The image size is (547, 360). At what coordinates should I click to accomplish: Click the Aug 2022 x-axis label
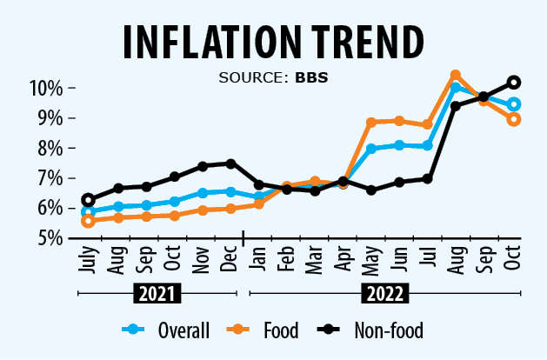coord(454,257)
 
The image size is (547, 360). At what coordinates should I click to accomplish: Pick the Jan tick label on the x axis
coord(257,257)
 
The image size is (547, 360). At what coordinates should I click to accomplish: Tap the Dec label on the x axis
coord(230,257)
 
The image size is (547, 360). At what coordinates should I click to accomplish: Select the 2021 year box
coord(158,294)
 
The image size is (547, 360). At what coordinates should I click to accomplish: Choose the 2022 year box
coord(383,294)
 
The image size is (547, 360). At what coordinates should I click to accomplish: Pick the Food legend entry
coord(270,330)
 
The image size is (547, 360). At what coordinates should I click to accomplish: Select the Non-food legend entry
coord(374,330)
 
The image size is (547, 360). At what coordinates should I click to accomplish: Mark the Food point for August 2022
coord(455,76)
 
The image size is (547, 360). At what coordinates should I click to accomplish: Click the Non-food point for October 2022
coord(514,83)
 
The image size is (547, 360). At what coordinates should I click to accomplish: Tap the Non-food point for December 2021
coord(230,163)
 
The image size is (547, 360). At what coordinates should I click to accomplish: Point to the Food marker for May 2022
coord(371,123)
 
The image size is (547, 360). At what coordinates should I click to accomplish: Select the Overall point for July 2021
coord(87,211)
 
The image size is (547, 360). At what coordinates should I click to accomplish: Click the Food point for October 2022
coord(514,119)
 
